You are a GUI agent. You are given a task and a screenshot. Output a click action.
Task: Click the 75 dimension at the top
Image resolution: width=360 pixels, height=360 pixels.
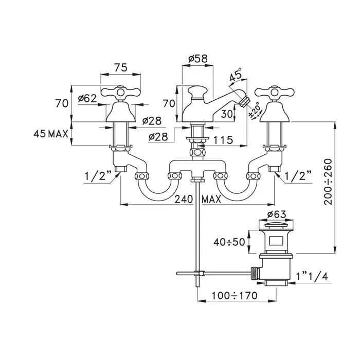pyautogui.click(x=120, y=67)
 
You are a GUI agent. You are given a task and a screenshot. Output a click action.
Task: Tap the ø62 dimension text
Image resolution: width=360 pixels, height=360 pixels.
pyautogui.click(x=87, y=98)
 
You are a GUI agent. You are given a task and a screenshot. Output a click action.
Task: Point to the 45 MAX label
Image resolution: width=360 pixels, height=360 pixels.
pyautogui.click(x=51, y=135)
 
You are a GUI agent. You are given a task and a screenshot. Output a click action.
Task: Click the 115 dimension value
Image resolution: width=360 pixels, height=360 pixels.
pyautogui.click(x=223, y=139)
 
